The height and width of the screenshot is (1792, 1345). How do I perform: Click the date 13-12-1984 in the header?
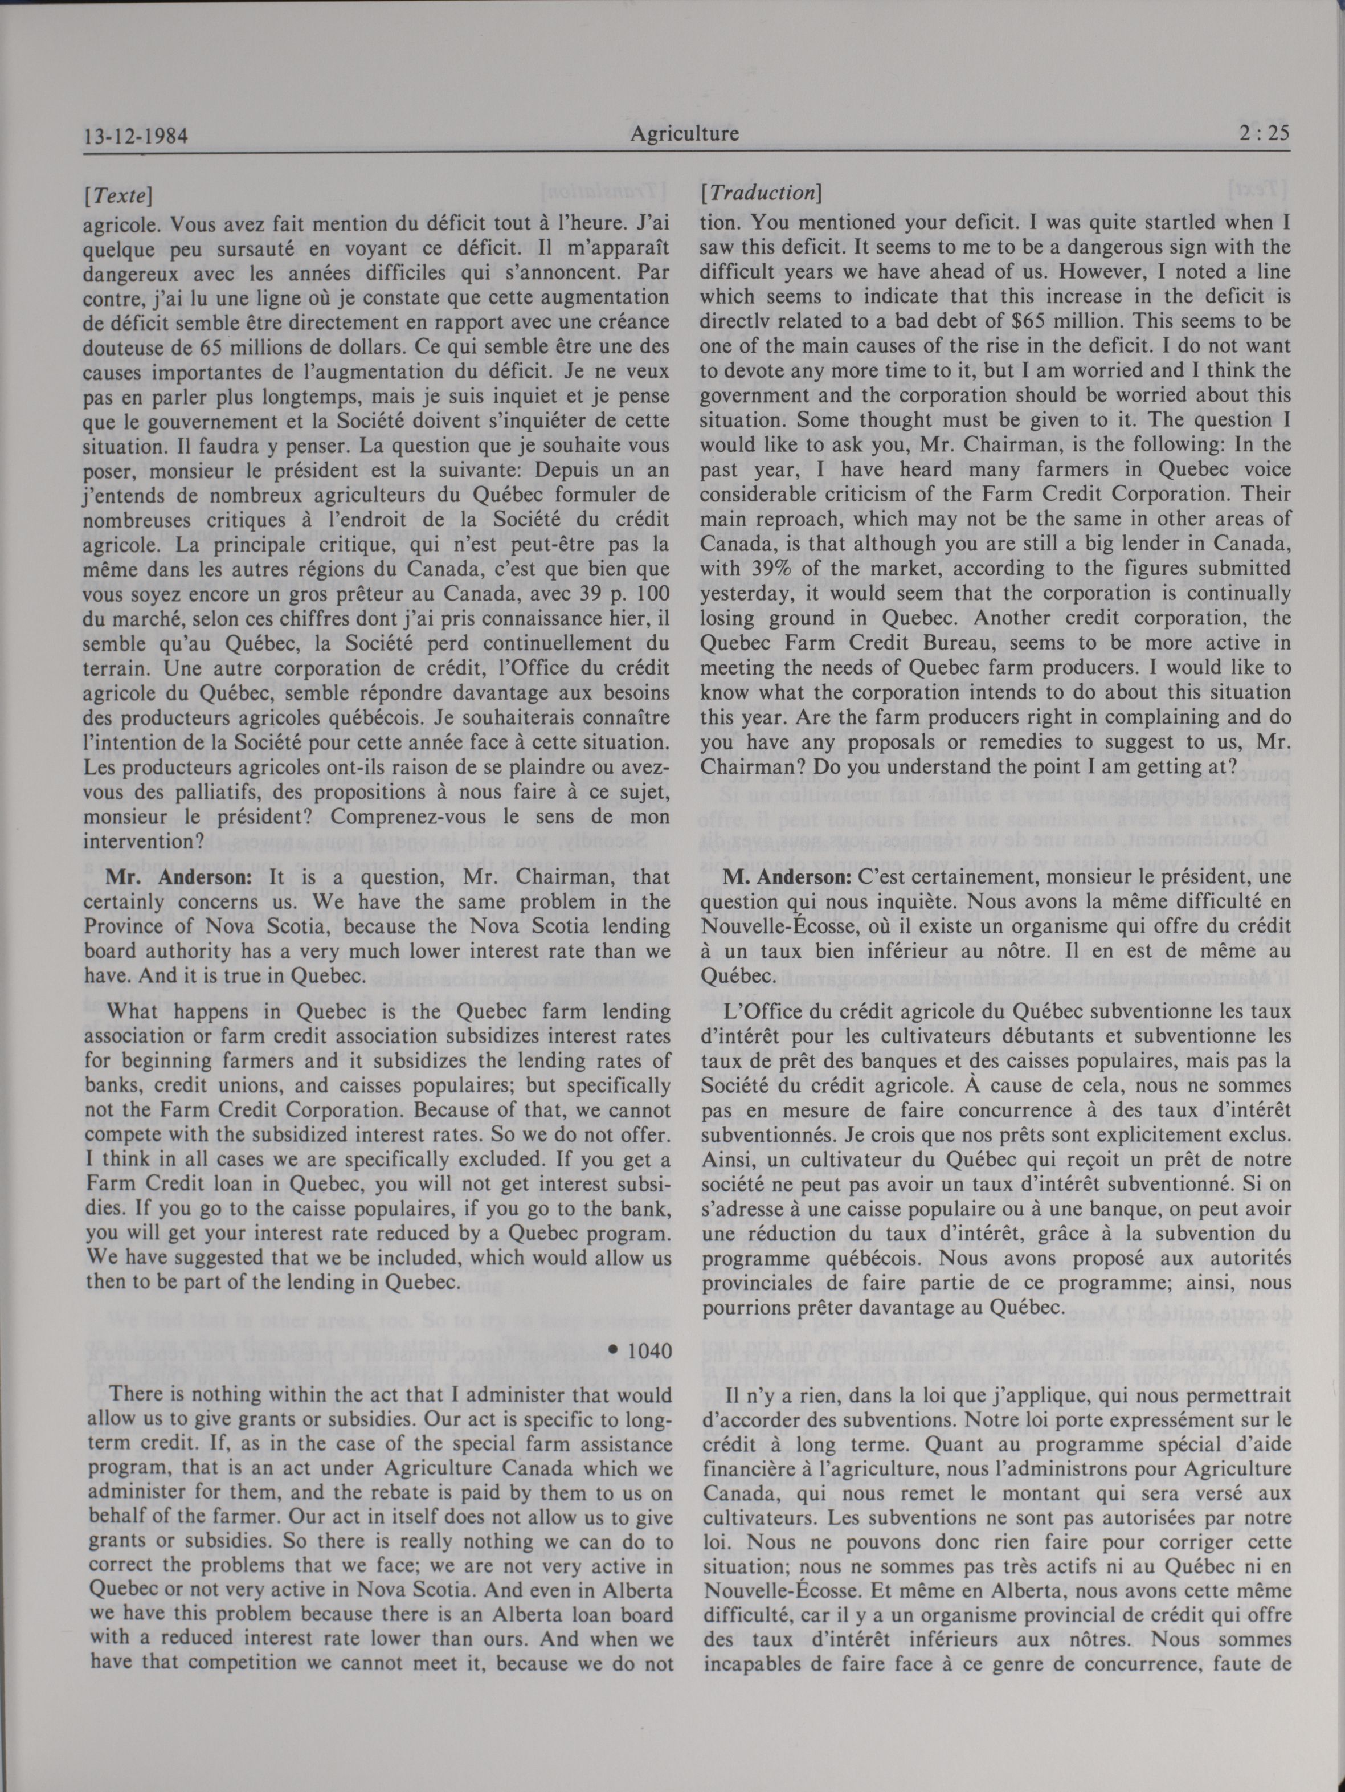pyautogui.click(x=135, y=135)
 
